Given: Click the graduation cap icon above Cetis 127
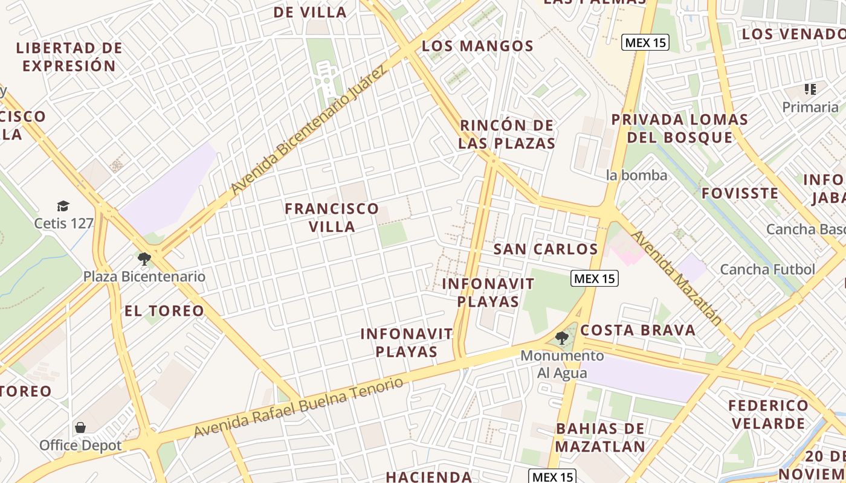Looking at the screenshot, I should [63, 206].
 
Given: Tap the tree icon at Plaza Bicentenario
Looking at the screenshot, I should [144, 259].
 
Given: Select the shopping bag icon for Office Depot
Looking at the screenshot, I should [80, 428].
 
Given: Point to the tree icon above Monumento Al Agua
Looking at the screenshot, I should [562, 337].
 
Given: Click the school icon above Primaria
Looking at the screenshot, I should [810, 89].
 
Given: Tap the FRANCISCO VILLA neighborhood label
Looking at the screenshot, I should [332, 217].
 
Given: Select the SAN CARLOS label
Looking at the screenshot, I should [545, 249].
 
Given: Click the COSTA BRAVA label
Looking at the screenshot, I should [638, 330].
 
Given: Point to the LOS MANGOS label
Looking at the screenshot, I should [477, 46].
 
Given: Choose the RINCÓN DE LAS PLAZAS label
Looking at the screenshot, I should [506, 134].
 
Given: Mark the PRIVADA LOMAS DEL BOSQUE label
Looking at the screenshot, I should [679, 128].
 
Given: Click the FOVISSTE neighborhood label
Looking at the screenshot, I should [740, 193].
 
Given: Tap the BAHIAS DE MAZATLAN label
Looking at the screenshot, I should [600, 438].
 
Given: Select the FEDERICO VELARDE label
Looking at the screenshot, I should [768, 414].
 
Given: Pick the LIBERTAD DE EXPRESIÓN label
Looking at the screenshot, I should [69, 57].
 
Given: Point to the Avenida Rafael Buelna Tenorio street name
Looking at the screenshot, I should [298, 408].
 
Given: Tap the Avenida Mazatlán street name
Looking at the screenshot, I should [676, 278].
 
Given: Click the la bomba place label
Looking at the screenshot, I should [637, 176].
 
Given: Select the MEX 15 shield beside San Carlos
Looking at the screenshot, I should [594, 278].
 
